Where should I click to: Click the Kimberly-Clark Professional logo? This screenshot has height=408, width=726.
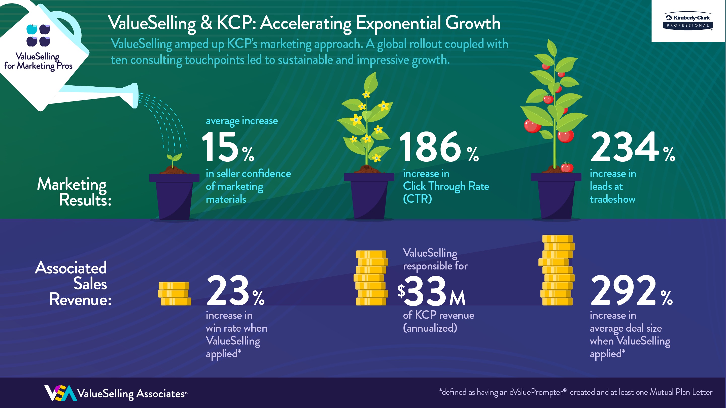[x=688, y=21]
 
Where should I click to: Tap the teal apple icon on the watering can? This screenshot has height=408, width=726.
[x=32, y=29]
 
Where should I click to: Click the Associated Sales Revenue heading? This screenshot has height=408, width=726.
[x=73, y=283]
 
